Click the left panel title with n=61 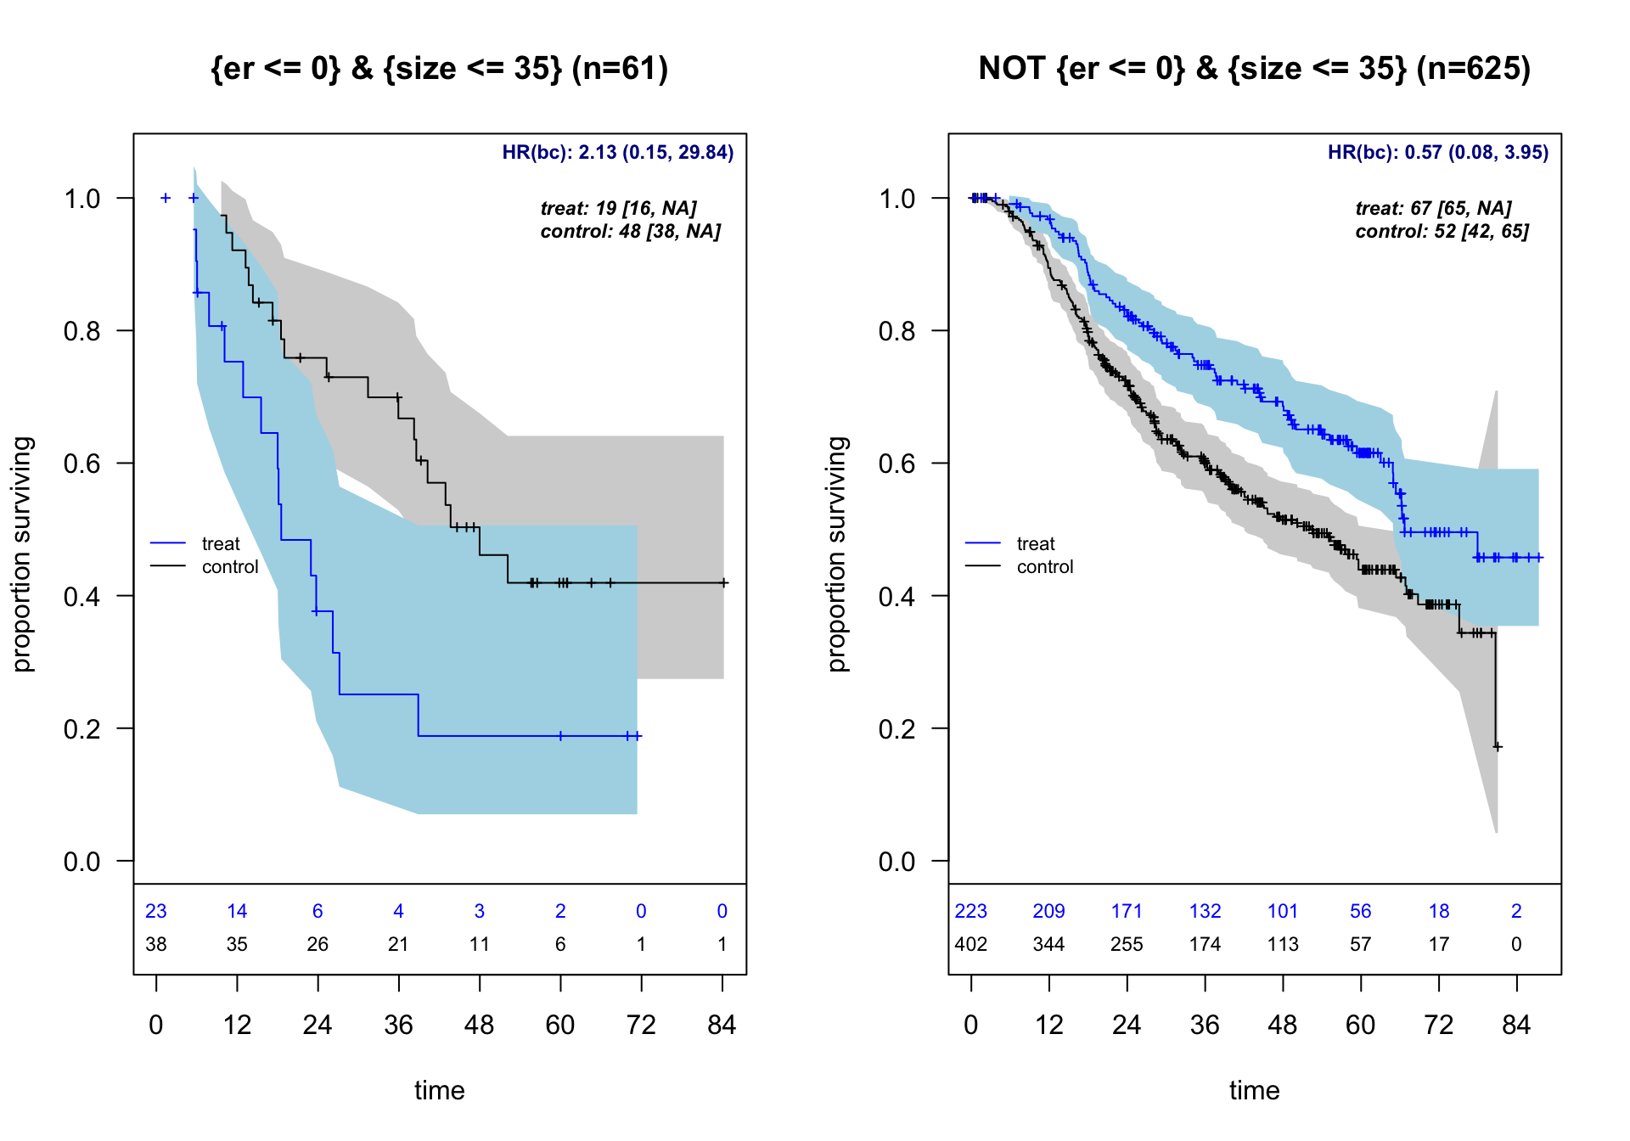tap(439, 69)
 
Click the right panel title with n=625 tap(1254, 69)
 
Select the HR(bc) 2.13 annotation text tap(617, 153)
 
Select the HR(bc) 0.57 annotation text tap(1437, 153)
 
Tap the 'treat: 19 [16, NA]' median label tap(618, 209)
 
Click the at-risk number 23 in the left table tap(156, 912)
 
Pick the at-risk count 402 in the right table tap(970, 945)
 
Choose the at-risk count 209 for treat tap(1048, 912)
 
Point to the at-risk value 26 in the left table tap(318, 945)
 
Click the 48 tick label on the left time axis tap(480, 1026)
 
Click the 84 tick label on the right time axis tap(1516, 1026)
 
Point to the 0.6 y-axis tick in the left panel tap(81, 464)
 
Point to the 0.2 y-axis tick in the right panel tap(896, 729)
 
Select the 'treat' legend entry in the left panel tap(221, 544)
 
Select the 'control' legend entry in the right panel tap(1045, 567)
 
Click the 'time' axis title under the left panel tap(439, 1091)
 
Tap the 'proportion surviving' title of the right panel tap(838, 554)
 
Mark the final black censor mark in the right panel tap(1498, 747)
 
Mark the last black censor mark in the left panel tap(724, 583)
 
